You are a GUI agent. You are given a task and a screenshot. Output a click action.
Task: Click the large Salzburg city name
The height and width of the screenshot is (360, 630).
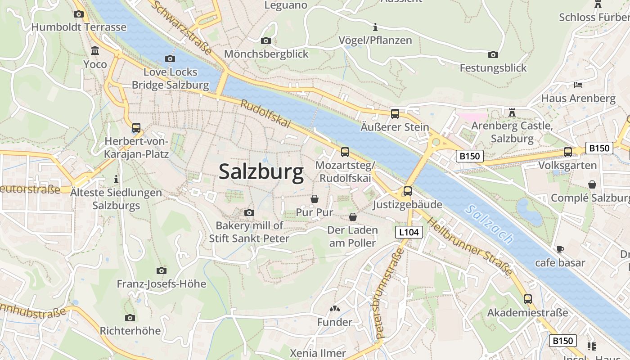click(261, 172)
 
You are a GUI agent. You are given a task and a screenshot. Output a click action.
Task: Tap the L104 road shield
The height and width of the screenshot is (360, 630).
click(409, 232)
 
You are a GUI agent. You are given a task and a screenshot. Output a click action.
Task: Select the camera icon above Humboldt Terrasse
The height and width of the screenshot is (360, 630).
click(79, 14)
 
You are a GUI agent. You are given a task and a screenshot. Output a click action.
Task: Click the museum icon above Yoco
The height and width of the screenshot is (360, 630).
click(95, 50)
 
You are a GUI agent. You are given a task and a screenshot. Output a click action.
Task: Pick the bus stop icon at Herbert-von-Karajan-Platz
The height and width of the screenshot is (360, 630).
click(136, 128)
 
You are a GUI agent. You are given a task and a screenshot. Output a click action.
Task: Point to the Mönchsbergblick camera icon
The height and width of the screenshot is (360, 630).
click(266, 41)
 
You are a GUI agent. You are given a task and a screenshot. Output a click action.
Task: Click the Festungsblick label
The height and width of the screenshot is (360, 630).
click(493, 68)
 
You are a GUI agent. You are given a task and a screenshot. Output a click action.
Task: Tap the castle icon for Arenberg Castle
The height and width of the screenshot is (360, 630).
click(512, 112)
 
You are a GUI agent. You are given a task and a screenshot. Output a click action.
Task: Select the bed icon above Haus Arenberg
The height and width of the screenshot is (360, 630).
click(578, 85)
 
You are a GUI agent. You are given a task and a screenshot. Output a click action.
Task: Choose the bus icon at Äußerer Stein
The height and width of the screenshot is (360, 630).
click(395, 114)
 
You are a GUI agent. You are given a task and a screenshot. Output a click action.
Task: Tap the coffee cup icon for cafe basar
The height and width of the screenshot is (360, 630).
click(560, 249)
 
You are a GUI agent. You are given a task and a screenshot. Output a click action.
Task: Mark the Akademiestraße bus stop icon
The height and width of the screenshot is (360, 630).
click(527, 299)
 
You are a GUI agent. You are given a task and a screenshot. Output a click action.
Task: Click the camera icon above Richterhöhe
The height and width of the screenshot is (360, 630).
click(130, 318)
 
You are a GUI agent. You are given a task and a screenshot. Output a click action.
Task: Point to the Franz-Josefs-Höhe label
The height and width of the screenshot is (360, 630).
click(161, 284)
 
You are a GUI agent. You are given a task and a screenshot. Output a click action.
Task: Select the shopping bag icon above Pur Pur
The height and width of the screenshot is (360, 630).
click(315, 199)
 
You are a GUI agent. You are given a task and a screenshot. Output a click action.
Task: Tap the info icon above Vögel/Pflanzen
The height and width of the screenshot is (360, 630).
click(375, 27)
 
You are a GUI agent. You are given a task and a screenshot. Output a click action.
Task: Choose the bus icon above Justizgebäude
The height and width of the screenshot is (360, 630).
click(407, 191)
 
